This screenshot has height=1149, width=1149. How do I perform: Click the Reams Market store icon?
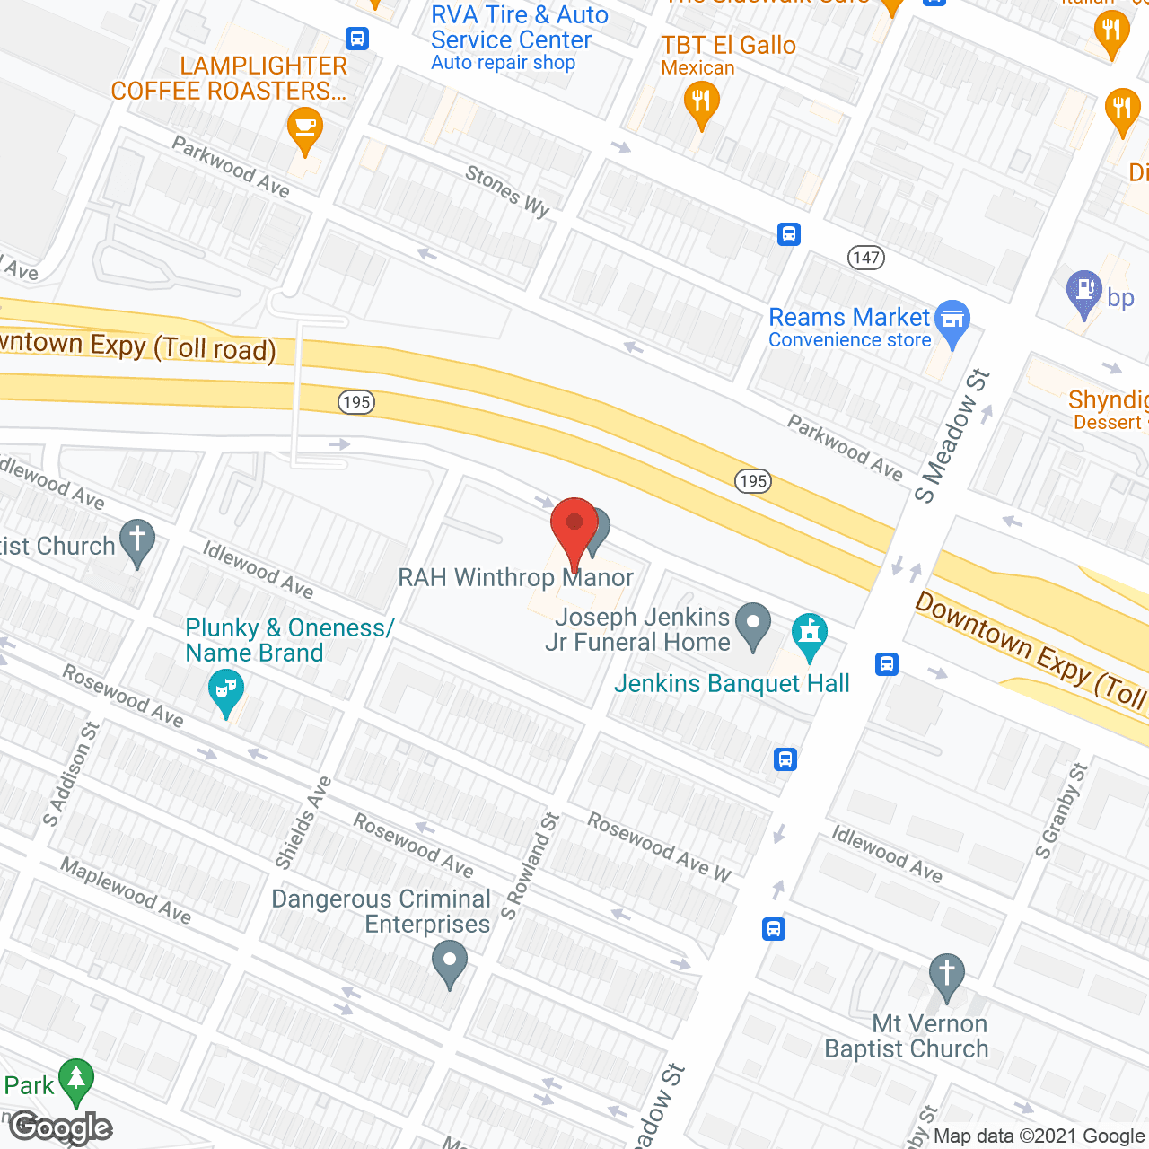point(952,320)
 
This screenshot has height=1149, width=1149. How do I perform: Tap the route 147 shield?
point(866,258)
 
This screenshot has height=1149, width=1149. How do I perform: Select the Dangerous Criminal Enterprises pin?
point(450,963)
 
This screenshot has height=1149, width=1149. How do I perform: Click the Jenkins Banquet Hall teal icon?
point(810,633)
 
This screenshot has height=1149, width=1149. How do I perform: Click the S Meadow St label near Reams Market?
point(952,435)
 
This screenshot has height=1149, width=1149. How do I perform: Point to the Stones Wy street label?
point(507,190)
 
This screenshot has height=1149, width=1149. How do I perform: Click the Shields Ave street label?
point(303,823)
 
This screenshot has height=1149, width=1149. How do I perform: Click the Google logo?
point(61,1127)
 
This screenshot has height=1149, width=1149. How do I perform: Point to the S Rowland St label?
point(530,865)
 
